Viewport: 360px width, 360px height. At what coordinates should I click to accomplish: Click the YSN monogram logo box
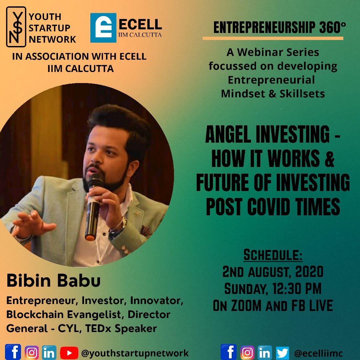16,27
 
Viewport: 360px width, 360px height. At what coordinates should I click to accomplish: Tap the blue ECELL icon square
103,28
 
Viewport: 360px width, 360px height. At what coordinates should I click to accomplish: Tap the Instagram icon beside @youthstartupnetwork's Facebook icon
32,353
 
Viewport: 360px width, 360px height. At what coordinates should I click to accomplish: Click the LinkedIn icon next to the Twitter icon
265,353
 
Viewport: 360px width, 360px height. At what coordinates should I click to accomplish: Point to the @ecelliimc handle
318,353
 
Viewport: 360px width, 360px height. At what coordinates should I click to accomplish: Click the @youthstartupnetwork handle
135,353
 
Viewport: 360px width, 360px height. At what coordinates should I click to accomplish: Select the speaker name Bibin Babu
53,280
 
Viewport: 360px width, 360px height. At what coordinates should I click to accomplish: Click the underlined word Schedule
273,255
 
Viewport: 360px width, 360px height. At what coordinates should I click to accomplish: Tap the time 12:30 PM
297,289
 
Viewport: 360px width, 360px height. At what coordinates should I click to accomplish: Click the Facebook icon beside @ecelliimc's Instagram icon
229,352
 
